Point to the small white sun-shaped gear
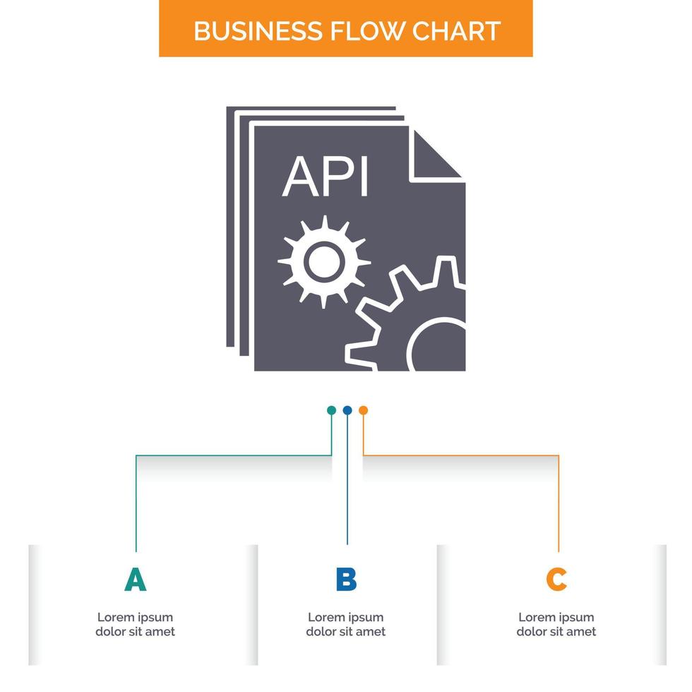[324, 262]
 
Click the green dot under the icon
[331, 410]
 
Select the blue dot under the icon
[347, 410]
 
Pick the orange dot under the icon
[363, 410]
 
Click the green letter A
[135, 580]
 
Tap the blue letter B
[346, 580]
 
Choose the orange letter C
[556, 580]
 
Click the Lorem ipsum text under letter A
[135, 624]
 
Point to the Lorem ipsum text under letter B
[346, 624]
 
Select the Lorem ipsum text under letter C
[556, 624]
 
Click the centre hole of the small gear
[324, 262]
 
